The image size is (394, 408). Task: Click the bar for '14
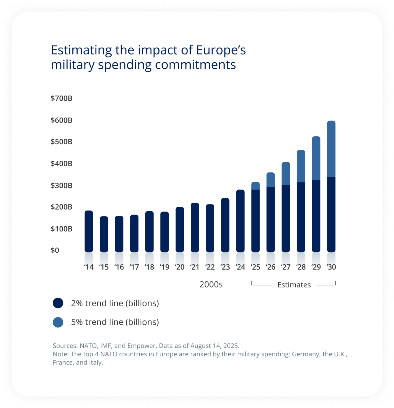coord(89,231)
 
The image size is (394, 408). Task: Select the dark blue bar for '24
coord(240,221)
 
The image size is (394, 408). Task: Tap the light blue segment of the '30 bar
coord(331,149)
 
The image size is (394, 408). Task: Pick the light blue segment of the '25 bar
coord(255,186)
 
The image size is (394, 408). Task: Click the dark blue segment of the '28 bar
coord(301,217)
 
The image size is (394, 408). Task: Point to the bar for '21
coord(195,227)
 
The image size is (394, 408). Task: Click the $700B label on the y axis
coord(61,98)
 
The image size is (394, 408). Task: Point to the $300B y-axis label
coord(61,185)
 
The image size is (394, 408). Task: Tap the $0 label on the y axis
coord(55,250)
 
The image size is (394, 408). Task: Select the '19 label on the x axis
coord(164,267)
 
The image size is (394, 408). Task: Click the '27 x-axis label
coord(286,267)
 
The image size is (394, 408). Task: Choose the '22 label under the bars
coord(210,267)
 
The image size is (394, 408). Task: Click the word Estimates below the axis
coord(294,285)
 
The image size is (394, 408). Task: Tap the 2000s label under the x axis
coord(211,285)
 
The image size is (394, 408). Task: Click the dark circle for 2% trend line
coord(58,303)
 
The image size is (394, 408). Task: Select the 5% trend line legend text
coord(115,322)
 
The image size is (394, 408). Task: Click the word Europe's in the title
coord(221,50)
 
